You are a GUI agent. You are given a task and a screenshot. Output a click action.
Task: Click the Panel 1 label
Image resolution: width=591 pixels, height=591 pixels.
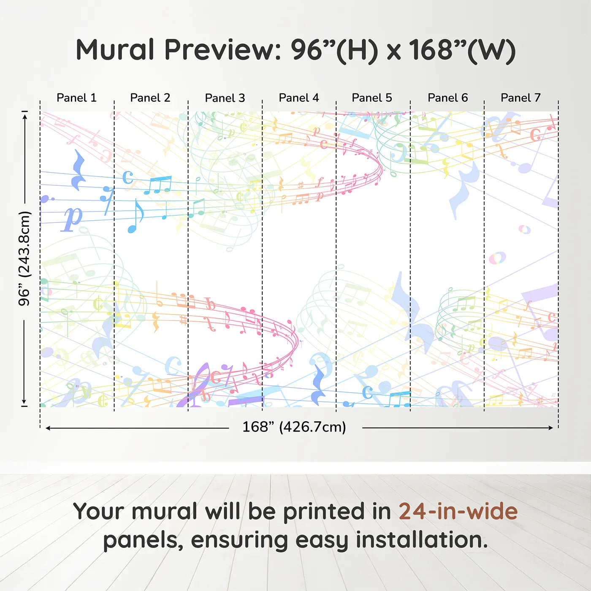(x=77, y=98)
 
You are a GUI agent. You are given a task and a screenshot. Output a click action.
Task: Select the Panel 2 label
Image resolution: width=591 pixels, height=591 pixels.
(x=150, y=98)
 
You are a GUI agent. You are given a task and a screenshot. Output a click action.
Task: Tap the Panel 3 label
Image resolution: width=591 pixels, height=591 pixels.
(x=225, y=98)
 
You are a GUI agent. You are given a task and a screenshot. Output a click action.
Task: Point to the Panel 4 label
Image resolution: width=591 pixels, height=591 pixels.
(x=299, y=98)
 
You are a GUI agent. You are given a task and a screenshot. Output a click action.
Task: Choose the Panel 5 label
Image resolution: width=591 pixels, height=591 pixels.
(x=372, y=98)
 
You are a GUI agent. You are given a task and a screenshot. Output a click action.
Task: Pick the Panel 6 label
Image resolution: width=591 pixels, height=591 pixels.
(x=448, y=98)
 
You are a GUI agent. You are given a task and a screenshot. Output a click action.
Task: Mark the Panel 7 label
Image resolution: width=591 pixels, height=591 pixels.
(x=521, y=98)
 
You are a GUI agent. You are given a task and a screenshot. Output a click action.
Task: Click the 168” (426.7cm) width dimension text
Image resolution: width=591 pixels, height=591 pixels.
(x=294, y=427)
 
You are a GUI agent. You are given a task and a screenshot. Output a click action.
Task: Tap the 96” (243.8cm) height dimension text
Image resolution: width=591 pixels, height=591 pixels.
(x=24, y=258)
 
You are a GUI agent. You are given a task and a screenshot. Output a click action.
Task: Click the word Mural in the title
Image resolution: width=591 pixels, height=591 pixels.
(x=115, y=50)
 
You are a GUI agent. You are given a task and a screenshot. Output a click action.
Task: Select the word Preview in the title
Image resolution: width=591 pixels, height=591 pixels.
(x=223, y=50)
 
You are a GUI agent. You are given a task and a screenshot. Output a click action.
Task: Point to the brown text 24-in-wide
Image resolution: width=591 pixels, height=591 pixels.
(x=458, y=511)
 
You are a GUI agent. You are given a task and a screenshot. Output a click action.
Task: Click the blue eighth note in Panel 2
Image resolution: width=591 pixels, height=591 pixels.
(x=135, y=216)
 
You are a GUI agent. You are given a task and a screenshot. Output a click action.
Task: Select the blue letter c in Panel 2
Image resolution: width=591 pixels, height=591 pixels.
(x=128, y=177)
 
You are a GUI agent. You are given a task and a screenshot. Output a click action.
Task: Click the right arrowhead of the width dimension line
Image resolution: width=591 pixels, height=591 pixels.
(x=551, y=428)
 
